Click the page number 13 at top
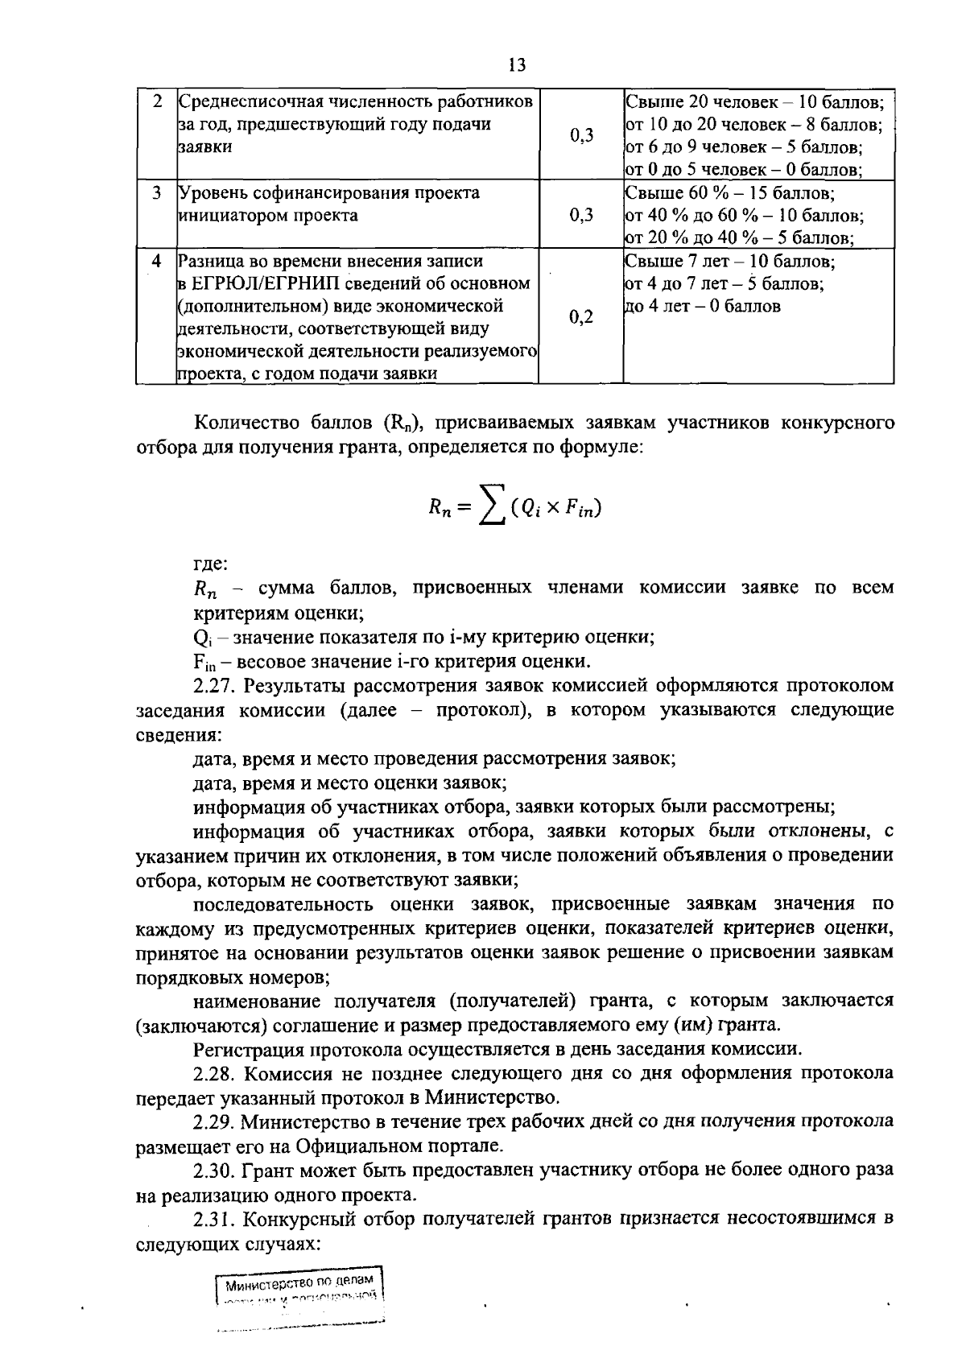[517, 65]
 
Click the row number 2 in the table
[157, 102]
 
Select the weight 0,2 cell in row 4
[580, 317]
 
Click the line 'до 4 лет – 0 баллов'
[702, 306]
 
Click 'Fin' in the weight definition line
[203, 663]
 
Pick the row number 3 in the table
[157, 193]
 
